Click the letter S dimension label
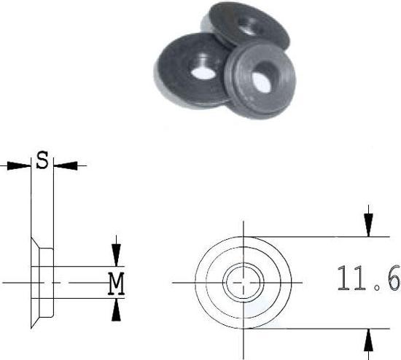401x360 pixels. coord(43,161)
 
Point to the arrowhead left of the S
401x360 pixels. coord(23,165)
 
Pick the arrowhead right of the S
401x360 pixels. coord(66,165)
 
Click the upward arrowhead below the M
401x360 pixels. coord(116,310)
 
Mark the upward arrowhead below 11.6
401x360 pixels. coord(370,339)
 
